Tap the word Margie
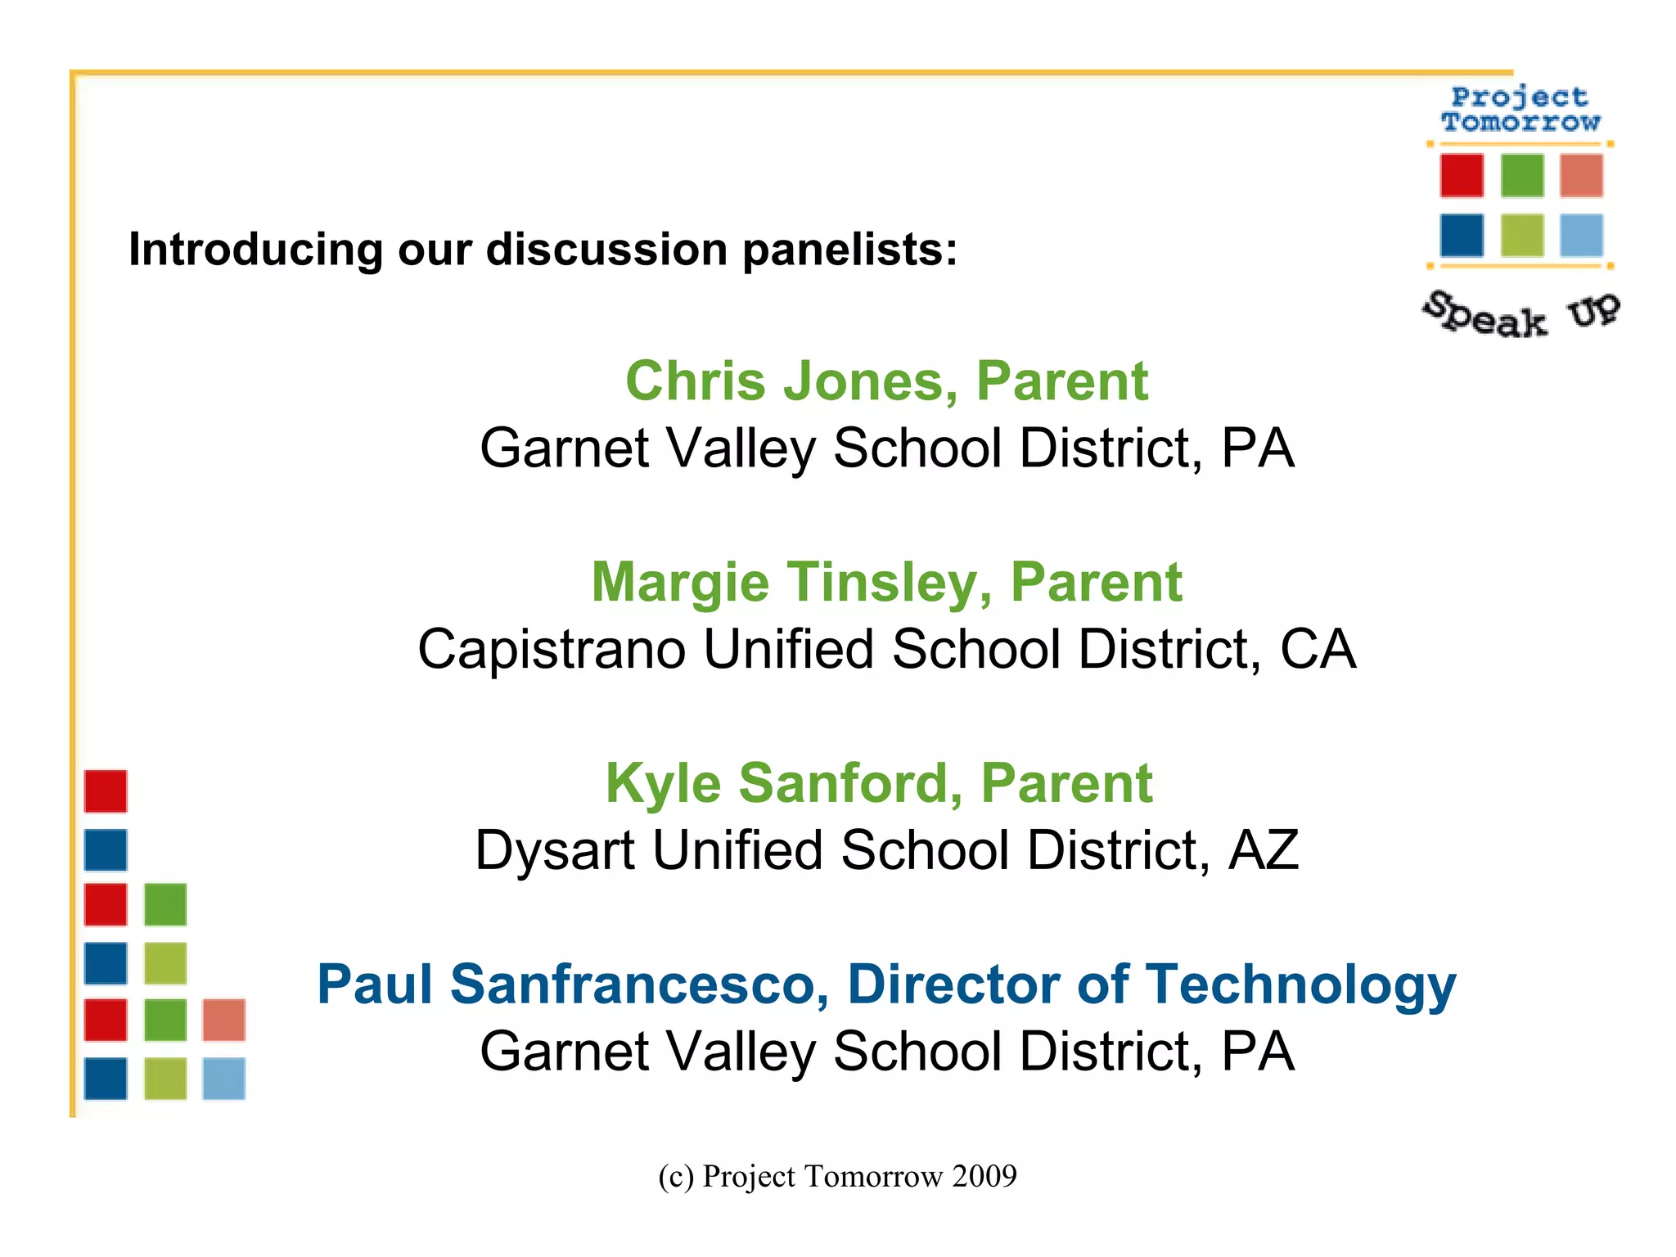point(680,583)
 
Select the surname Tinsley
point(890,583)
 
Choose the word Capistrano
point(552,650)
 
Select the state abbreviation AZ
point(1264,850)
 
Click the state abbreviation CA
point(1318,650)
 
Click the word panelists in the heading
point(849,249)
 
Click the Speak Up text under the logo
point(1521,314)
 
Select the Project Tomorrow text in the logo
point(1521,110)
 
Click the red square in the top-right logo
point(1462,176)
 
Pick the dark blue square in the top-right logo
point(1462,236)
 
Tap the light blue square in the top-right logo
point(1581,236)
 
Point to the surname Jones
point(871,381)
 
